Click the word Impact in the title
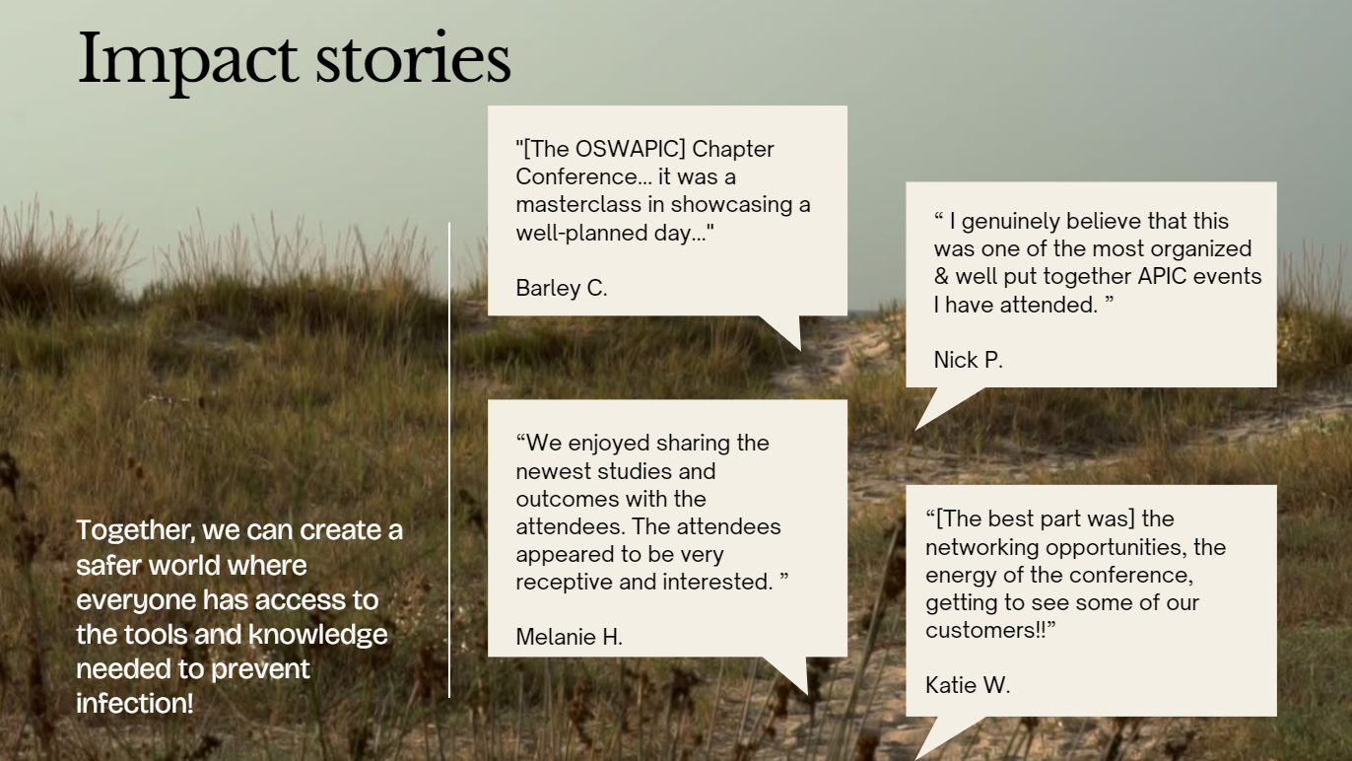pyautogui.click(x=187, y=61)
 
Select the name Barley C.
pyautogui.click(x=562, y=288)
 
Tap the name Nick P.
pyautogui.click(x=968, y=360)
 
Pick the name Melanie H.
pyautogui.click(x=569, y=637)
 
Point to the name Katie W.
pyautogui.click(x=968, y=685)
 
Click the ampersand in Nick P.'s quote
pyautogui.click(x=941, y=277)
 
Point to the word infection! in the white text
pyautogui.click(x=135, y=703)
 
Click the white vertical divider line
pyautogui.click(x=449, y=459)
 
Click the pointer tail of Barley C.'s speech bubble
pyautogui.click(x=783, y=331)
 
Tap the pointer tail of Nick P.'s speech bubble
pyautogui.click(x=946, y=406)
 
